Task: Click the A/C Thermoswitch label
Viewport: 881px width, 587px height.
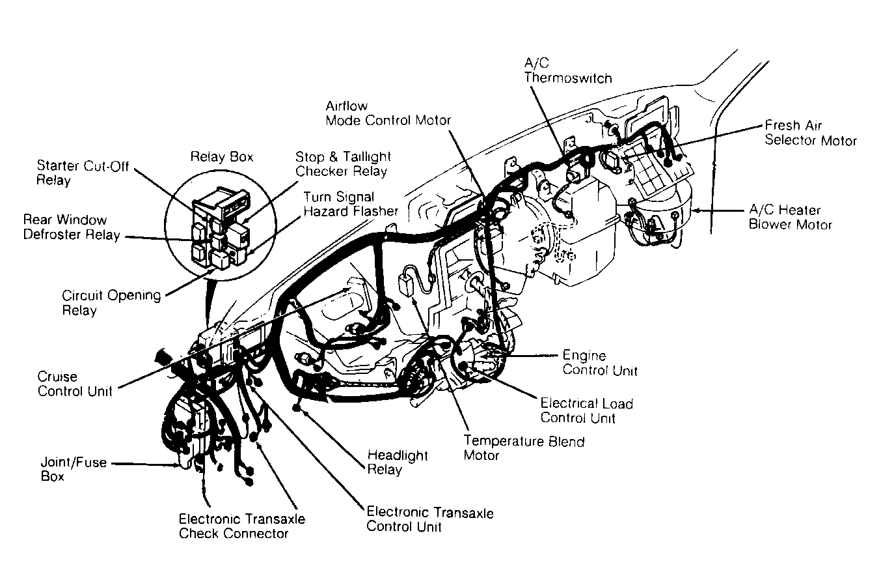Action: [x=568, y=70]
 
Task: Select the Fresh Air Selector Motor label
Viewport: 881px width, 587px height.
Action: [x=810, y=133]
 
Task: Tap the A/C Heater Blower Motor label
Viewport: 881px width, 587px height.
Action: [x=790, y=217]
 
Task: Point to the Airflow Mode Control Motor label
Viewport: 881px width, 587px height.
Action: [x=388, y=113]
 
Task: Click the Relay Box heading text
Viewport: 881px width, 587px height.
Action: [x=221, y=157]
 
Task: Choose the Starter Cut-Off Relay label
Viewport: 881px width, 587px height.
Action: [x=83, y=173]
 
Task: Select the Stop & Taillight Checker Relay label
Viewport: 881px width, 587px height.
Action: [x=343, y=164]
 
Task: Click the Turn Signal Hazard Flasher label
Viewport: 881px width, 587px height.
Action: [x=350, y=204]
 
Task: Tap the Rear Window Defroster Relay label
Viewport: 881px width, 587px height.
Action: [x=72, y=227]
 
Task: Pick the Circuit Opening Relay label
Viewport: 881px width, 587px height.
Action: [x=111, y=302]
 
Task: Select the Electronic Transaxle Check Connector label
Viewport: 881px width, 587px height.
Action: [x=241, y=526]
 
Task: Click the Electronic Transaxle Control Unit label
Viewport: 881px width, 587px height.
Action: [x=429, y=519]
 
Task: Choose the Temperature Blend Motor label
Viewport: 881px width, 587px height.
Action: [x=523, y=448]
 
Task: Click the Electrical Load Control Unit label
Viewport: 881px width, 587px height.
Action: [x=586, y=411]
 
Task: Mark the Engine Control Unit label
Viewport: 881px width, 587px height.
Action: [x=599, y=363]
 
